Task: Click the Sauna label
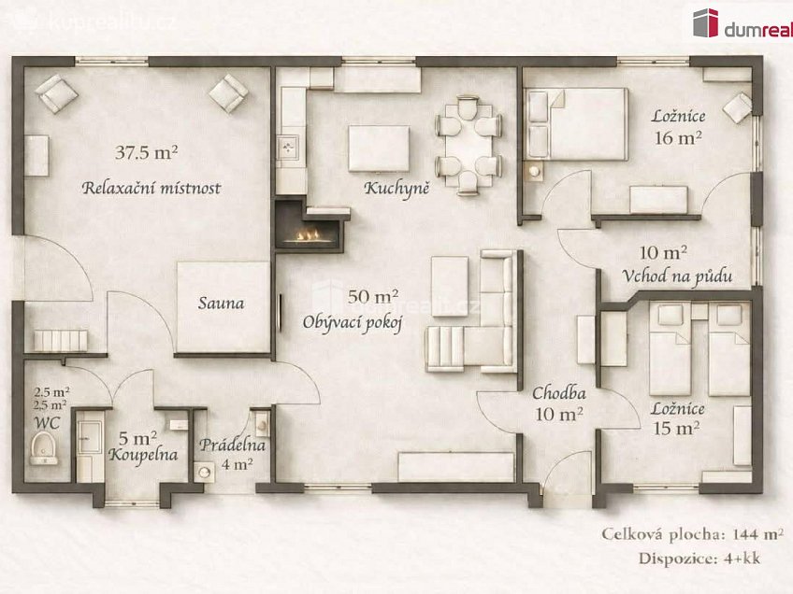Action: tap(221, 303)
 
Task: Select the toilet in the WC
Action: tap(43, 453)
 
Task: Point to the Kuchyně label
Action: tap(397, 189)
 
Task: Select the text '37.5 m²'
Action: tap(147, 151)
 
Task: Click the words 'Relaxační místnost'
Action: tap(151, 189)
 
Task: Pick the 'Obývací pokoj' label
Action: tap(352, 323)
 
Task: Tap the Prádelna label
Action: tap(231, 445)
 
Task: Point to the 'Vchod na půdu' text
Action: tap(676, 276)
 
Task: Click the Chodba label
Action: tap(559, 392)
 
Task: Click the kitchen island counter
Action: tap(378, 148)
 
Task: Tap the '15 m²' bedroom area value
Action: tap(676, 429)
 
